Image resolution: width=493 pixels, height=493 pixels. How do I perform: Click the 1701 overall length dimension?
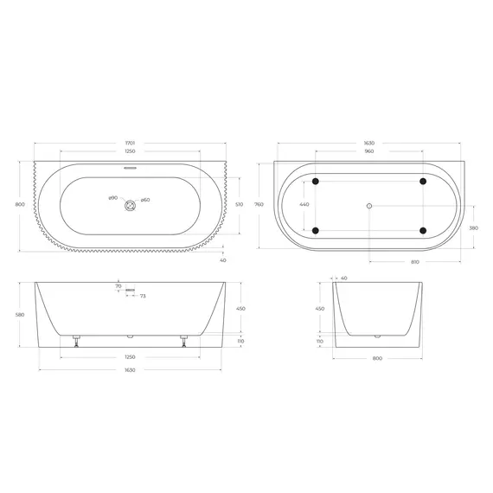tap(131, 140)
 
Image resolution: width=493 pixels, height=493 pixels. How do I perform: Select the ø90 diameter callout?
tap(113, 200)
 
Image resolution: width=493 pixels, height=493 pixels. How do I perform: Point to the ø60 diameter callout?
tap(146, 200)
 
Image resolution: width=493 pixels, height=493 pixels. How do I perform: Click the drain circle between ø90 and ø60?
tap(131, 205)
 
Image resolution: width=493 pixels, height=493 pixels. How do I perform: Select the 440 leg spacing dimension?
tap(304, 205)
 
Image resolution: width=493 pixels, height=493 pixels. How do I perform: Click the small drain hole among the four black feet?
tap(368, 205)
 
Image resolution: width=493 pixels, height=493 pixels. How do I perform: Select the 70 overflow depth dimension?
tap(119, 285)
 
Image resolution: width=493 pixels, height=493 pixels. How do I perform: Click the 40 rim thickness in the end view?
tap(343, 279)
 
